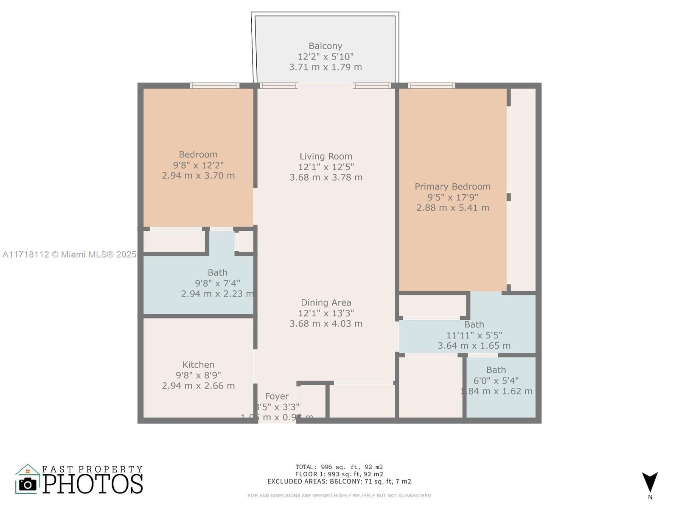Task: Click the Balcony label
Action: point(325,46)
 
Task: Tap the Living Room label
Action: point(326,157)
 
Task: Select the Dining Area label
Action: point(326,302)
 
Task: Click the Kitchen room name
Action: point(198,364)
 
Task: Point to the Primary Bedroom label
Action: point(452,187)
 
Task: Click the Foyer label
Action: point(277,396)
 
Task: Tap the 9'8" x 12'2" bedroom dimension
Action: point(198,165)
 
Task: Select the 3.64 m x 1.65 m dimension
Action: point(474,346)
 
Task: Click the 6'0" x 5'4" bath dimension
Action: point(496,380)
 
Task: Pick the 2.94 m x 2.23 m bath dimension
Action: point(217,294)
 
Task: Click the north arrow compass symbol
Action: point(650,483)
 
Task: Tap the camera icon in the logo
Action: point(28,484)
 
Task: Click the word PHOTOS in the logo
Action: point(93,484)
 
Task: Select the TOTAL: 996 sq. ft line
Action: point(339,467)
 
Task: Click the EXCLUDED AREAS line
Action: point(339,481)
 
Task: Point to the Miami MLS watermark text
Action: point(69,255)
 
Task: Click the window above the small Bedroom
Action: point(214,86)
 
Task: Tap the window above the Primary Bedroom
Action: point(431,86)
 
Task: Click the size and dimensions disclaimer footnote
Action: point(339,495)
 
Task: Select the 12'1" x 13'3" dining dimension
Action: point(326,313)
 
